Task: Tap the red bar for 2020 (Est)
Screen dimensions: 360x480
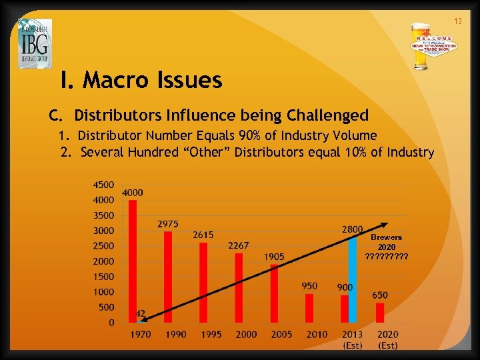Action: point(380,313)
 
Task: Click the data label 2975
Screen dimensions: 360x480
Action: point(167,223)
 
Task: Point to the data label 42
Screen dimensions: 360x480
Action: point(141,313)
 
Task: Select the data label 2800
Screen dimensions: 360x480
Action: point(352,229)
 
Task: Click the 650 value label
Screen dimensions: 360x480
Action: point(380,295)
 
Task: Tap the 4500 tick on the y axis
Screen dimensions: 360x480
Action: point(103,185)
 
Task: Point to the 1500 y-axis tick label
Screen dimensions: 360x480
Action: point(103,277)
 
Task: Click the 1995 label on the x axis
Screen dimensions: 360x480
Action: point(211,334)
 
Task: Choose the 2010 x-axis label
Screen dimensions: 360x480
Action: point(317,334)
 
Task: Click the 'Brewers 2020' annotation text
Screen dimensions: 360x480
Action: point(387,242)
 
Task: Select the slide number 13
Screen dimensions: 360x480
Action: point(458,22)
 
